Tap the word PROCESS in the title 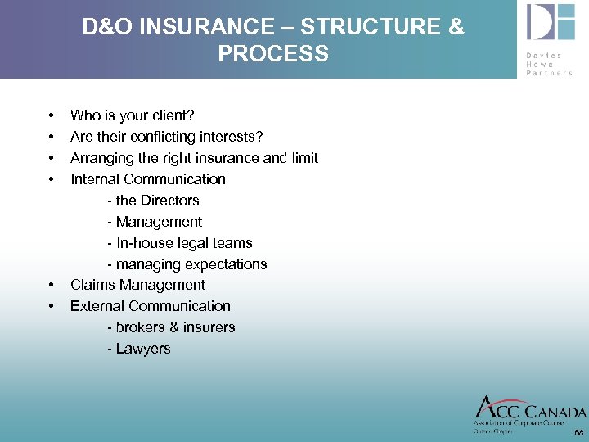(273, 55)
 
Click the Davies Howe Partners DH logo (551, 23)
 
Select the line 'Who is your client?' (132, 115)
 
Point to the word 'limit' (304, 158)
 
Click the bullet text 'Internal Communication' (147, 179)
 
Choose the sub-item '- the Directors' (152, 201)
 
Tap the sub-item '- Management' (154, 222)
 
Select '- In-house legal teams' (179, 243)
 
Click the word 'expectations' (226, 264)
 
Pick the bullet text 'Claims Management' (137, 285)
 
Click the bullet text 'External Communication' (150, 306)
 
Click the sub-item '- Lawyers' (138, 349)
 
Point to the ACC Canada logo (529, 412)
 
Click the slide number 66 (578, 432)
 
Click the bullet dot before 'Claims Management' (52, 286)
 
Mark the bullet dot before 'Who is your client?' (52, 116)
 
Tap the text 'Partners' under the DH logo (550, 72)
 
